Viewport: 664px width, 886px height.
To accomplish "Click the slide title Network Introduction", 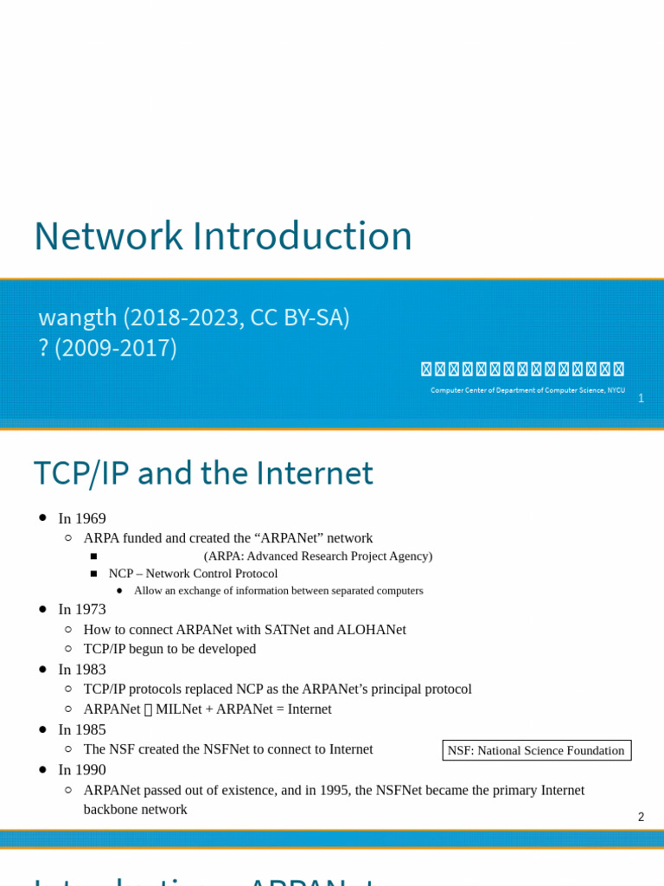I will point(222,236).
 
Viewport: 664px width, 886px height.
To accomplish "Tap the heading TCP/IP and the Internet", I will point(203,473).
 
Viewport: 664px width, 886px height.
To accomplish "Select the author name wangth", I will point(77,318).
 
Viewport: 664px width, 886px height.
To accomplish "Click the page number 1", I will point(641,398).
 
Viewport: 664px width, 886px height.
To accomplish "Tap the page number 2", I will point(641,817).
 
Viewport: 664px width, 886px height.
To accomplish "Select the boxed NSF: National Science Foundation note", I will point(536,750).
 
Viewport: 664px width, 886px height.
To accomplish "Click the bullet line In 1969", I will point(82,518).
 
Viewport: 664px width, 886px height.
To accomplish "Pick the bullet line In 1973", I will point(82,609).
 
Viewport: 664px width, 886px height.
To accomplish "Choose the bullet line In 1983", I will point(82,669).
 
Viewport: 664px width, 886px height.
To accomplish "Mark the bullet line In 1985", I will point(82,729).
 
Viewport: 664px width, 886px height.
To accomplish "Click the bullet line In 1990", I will point(82,769).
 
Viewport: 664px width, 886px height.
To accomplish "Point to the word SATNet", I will point(293,629).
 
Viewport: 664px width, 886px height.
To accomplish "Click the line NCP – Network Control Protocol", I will point(193,574).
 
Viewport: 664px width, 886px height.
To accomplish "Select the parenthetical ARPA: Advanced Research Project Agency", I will point(318,555).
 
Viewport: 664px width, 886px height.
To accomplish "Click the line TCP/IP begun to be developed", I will point(169,649).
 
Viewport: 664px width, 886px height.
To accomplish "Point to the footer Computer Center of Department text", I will point(527,390).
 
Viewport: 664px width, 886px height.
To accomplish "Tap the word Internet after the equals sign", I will point(303,709).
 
